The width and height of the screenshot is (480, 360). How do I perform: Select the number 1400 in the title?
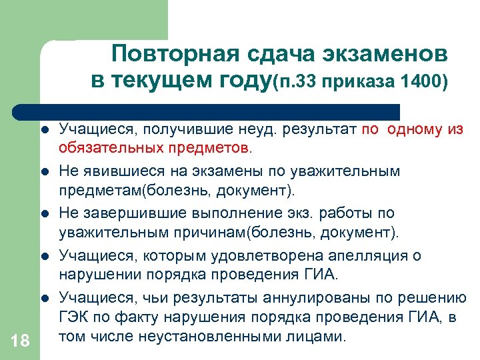425,83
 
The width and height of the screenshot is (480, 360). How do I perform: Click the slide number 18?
20,341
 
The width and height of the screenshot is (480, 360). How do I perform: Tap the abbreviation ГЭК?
75,318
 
